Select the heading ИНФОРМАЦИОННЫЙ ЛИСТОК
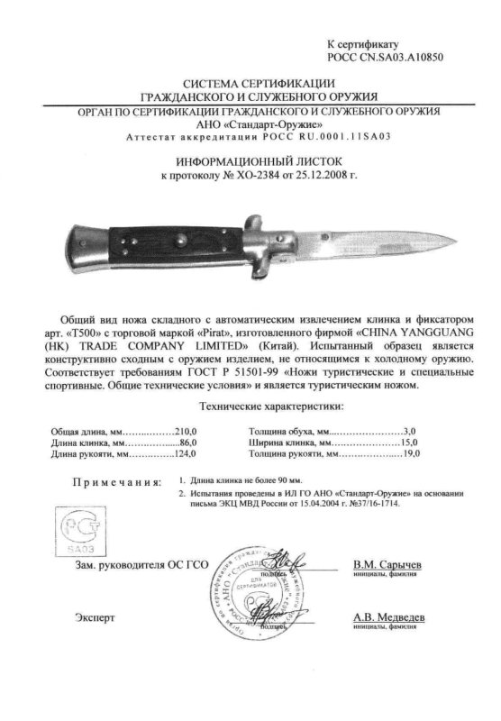pyautogui.click(x=250, y=157)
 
